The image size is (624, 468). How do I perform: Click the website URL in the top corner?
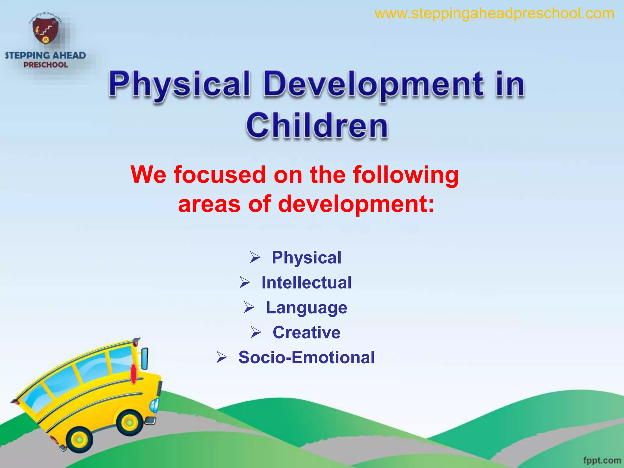tap(494, 14)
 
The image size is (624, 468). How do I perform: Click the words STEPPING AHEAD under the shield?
tap(45, 55)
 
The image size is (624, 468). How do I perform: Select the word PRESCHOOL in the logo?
tap(46, 65)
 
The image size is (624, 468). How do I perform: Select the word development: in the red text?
tap(356, 204)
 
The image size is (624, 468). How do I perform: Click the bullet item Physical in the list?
tap(307, 257)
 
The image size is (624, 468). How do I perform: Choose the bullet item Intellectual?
tap(307, 282)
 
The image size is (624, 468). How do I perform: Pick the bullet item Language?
tap(307, 307)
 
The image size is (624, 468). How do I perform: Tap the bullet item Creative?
tap(307, 332)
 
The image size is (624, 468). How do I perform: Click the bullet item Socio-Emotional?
tap(307, 357)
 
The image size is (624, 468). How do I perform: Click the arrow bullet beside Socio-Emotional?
tap(222, 357)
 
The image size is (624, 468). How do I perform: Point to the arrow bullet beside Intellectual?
tap(244, 282)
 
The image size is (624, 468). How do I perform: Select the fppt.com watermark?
tap(602, 460)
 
